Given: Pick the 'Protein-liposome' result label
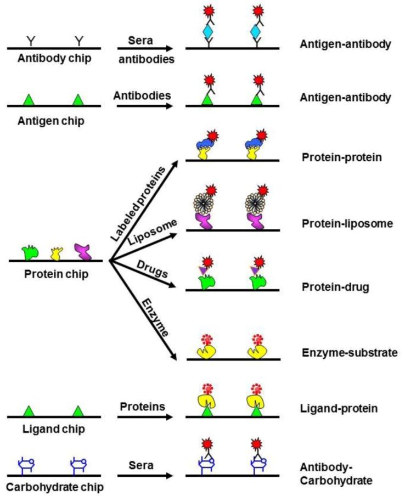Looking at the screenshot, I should click(x=340, y=224).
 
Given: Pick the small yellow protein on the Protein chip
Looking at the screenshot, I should click(x=55, y=253).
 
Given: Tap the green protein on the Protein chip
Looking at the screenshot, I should click(x=28, y=252).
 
